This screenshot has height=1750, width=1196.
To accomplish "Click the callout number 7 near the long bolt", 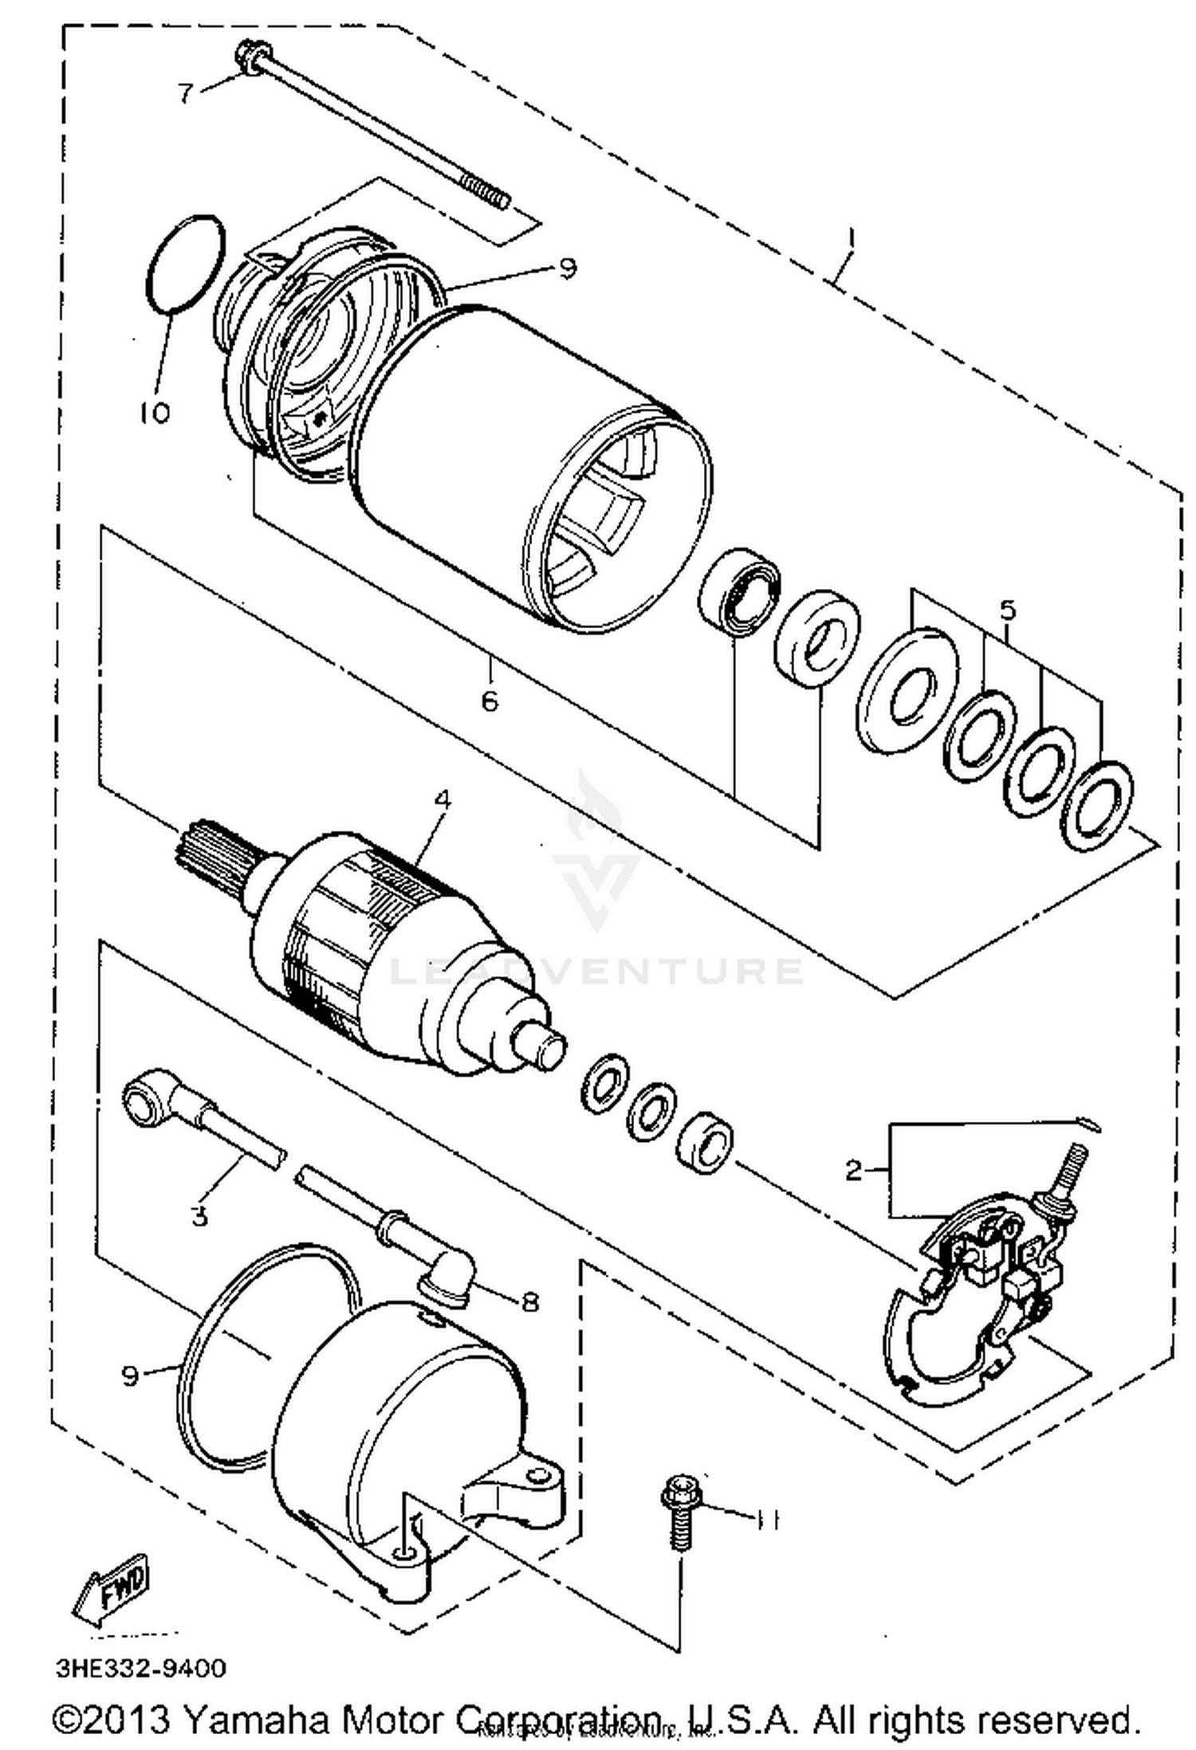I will coord(185,93).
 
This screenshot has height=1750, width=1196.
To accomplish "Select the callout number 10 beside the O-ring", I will coord(155,412).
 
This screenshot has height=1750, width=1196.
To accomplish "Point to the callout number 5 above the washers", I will coord(1008,611).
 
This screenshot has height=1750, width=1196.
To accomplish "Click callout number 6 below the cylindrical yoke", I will coord(489,701).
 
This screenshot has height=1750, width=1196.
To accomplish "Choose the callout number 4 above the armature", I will coord(443,799).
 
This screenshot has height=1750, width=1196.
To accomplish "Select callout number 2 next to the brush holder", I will coord(853,1171).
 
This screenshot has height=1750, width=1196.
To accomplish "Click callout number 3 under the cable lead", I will coord(199,1217).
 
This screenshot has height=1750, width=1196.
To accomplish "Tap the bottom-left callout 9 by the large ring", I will coord(130,1375).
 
